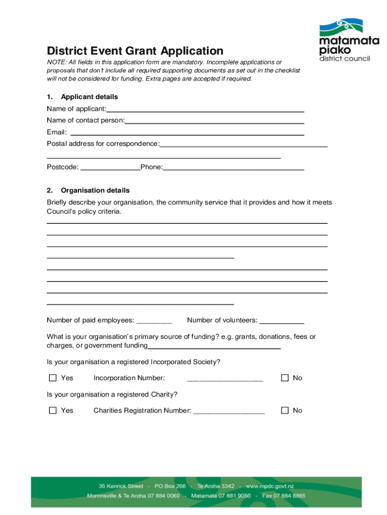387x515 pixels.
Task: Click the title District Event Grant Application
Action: pos(135,51)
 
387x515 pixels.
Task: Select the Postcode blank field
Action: pos(110,168)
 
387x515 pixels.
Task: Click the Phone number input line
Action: pos(234,168)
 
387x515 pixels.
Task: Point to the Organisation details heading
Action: pos(95,191)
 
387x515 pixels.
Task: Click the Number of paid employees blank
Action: pos(154,321)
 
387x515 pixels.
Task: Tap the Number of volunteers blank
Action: pos(281,321)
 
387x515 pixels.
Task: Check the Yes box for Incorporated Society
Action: pos(53,378)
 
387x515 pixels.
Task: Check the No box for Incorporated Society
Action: pos(285,378)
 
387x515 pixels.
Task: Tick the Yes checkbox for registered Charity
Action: pos(53,410)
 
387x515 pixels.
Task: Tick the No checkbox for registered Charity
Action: pos(285,410)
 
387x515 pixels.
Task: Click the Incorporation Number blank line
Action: pos(225,379)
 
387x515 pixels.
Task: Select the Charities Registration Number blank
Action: pos(229,412)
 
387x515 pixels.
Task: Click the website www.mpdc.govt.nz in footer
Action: pos(269,486)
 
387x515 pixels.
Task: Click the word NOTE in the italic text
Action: pos(56,62)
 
